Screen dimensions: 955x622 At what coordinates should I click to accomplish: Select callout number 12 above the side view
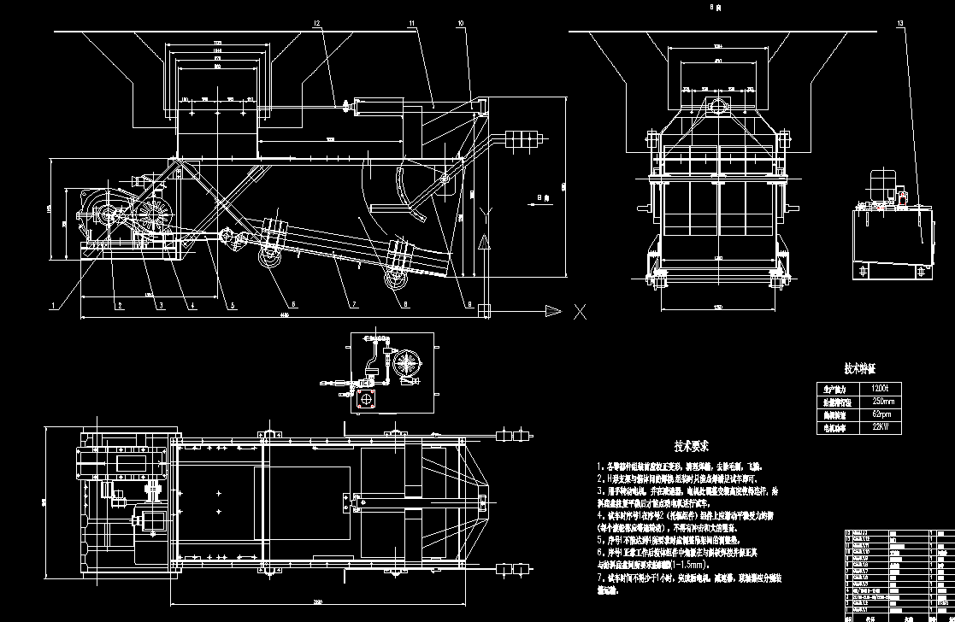tap(316, 22)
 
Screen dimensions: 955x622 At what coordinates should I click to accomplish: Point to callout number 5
tap(233, 304)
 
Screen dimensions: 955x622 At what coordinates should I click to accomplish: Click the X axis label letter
tap(581, 311)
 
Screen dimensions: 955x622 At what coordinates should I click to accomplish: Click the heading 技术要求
tap(691, 447)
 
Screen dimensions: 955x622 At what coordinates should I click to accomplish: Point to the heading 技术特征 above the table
tap(860, 368)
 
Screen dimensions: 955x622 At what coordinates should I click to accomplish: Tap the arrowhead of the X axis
tap(557, 311)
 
